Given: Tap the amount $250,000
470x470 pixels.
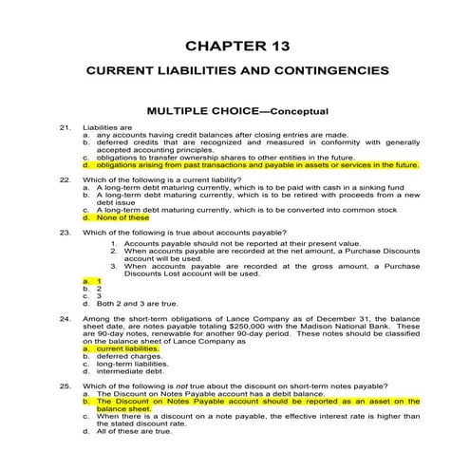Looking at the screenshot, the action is (259, 327).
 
